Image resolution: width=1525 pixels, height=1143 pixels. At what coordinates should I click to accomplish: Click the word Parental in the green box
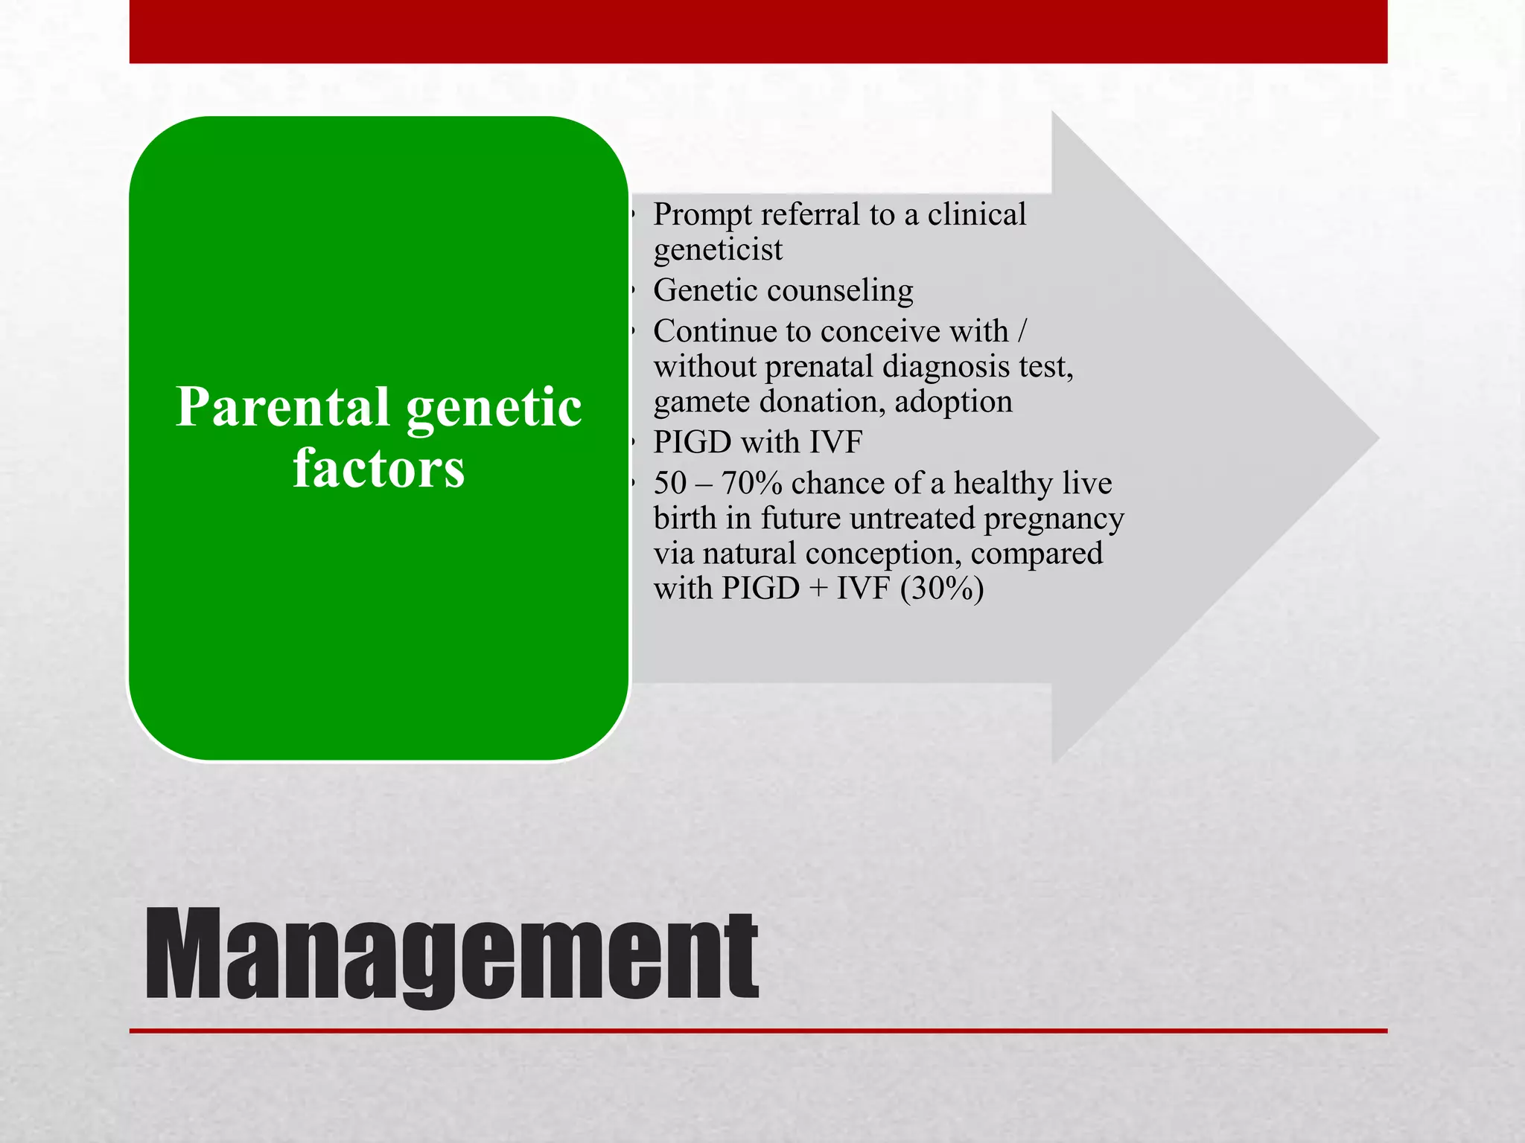pos(283,408)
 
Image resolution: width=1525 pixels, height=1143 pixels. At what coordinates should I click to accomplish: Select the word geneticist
pos(718,250)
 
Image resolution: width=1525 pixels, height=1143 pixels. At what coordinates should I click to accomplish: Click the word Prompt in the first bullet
pos(702,216)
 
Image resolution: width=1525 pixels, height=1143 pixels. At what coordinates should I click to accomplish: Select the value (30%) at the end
pos(941,589)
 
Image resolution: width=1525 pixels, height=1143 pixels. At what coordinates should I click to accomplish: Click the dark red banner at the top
pos(758,31)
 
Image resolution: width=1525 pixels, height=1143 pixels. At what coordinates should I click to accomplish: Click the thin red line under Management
pos(758,1031)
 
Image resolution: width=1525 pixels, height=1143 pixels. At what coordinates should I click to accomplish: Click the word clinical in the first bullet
pos(976,215)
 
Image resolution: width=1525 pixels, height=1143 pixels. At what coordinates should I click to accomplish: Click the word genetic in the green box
pos(494,408)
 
